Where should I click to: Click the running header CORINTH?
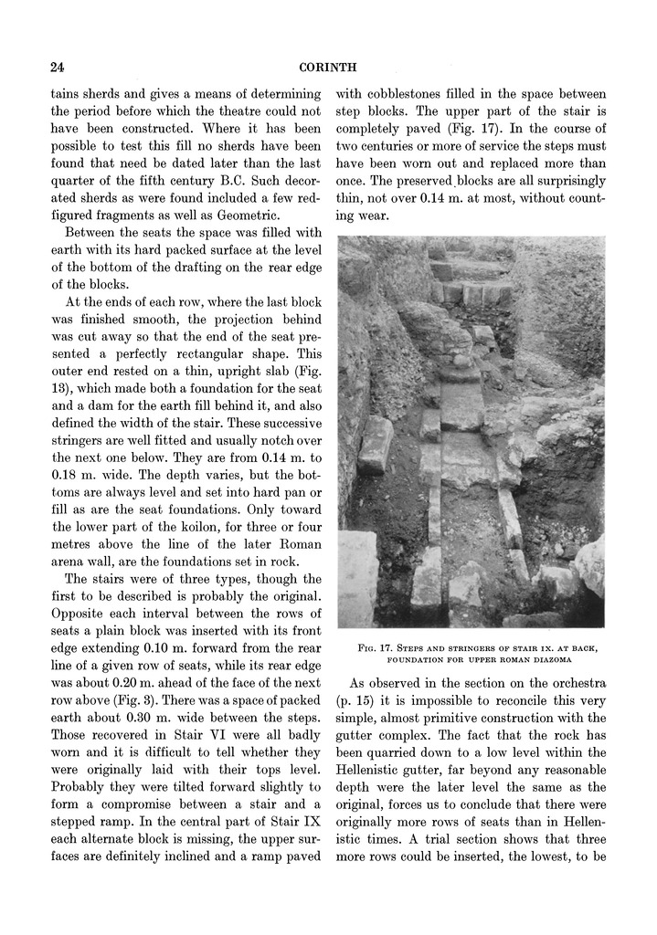pyautogui.click(x=330, y=68)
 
